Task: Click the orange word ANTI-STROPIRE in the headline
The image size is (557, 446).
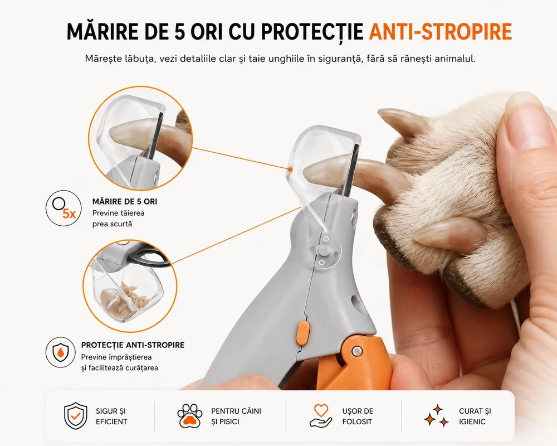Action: point(441,32)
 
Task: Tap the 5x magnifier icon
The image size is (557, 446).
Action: point(63,208)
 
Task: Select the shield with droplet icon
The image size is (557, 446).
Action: point(60,352)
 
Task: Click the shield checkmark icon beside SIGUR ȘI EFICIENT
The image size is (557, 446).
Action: point(75,416)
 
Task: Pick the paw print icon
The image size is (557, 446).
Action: point(189,416)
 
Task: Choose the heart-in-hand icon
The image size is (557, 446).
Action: point(321,415)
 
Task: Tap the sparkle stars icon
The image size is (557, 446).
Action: point(437,415)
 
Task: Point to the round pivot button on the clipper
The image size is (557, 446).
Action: point(323,250)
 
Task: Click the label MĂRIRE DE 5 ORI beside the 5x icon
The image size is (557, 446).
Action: point(125,202)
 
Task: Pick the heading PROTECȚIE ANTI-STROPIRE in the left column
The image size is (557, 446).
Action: point(133,345)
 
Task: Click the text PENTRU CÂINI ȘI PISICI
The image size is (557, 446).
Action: point(236,416)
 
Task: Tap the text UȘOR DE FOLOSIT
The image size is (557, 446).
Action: point(358,416)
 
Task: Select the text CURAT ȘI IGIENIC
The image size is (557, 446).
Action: point(475,416)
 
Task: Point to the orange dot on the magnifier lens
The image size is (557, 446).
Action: point(290,169)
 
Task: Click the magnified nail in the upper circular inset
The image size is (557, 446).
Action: point(132,134)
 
